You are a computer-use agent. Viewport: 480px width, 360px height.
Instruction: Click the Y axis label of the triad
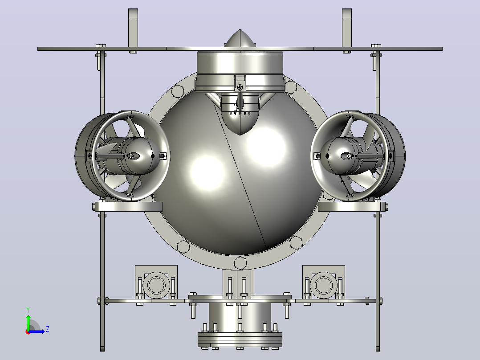28,310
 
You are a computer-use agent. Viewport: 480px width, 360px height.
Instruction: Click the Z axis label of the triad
48,329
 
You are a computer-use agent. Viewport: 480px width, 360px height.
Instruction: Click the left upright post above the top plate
133,28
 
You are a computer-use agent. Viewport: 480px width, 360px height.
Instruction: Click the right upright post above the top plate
346,28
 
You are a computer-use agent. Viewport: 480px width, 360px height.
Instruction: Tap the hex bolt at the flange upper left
178,91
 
